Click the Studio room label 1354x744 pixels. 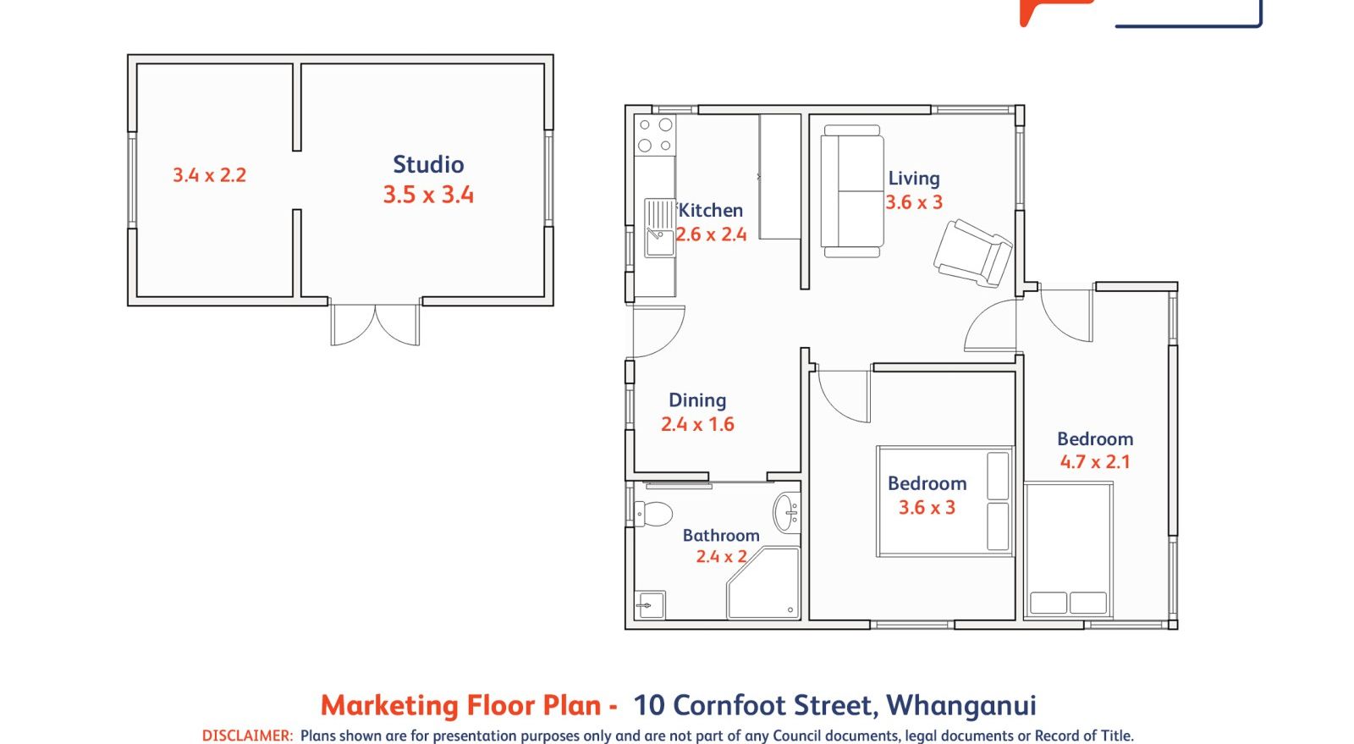click(x=428, y=164)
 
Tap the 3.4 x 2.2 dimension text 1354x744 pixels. click(x=209, y=175)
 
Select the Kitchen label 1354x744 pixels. click(x=710, y=210)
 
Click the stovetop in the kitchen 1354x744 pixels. click(x=655, y=135)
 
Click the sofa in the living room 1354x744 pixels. click(x=851, y=190)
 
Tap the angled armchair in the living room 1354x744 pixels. click(x=973, y=251)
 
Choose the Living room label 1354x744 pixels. click(x=913, y=179)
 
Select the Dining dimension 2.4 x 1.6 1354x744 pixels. click(x=697, y=424)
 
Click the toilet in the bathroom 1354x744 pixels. click(x=653, y=513)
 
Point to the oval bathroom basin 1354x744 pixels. click(x=786, y=511)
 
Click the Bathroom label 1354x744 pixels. click(x=721, y=535)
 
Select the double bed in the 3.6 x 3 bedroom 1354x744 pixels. click(x=944, y=501)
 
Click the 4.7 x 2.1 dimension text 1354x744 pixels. click(x=1095, y=462)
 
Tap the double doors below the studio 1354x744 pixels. click(x=375, y=324)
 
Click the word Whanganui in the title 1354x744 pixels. click(x=960, y=705)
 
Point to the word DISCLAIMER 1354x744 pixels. click(x=247, y=736)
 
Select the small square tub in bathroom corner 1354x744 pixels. click(x=650, y=604)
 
